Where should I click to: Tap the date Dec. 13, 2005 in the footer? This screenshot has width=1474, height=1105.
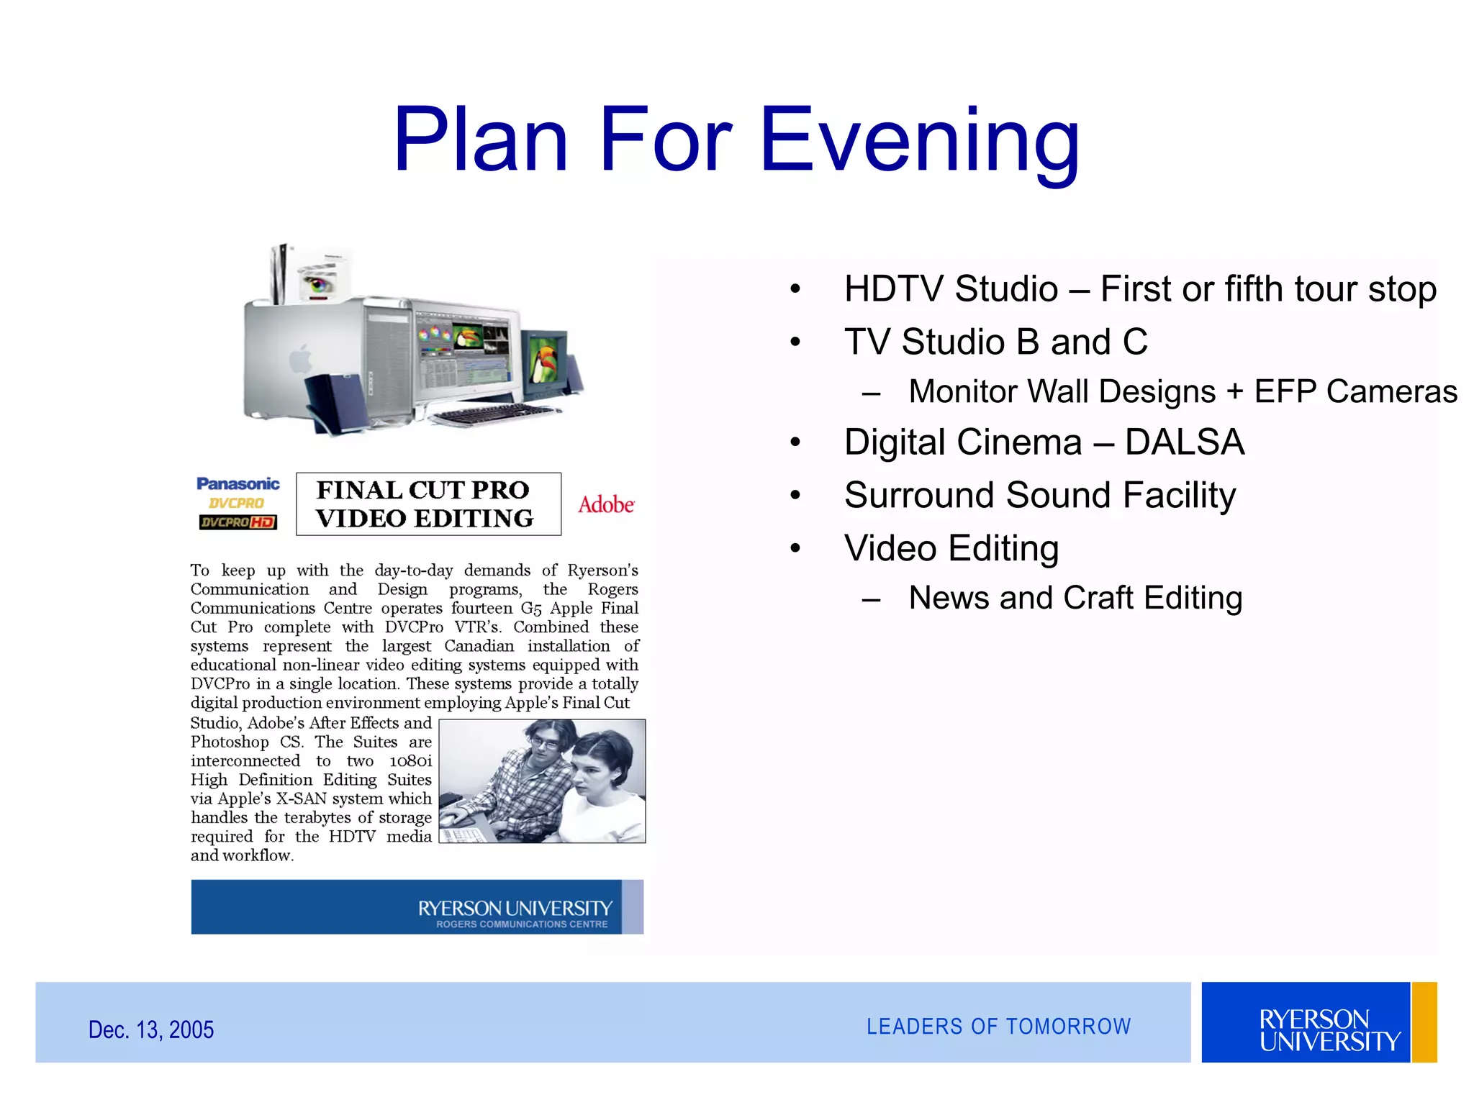(151, 1029)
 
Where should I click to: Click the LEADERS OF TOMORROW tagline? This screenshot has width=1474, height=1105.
(998, 1027)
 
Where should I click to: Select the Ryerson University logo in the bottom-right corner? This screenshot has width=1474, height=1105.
(1319, 1023)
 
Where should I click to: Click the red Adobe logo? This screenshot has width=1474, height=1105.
(606, 505)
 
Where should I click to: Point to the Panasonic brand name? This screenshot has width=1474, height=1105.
(238, 484)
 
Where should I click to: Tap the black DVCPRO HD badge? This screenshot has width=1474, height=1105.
(238, 522)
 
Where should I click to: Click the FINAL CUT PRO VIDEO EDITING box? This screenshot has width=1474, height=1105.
(428, 504)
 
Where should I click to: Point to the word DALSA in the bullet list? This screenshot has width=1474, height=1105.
(1185, 442)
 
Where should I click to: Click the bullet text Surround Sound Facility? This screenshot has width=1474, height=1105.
(1040, 495)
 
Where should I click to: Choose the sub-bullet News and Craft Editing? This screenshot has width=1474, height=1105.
(1075, 598)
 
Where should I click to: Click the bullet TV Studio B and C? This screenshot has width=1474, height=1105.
(995, 342)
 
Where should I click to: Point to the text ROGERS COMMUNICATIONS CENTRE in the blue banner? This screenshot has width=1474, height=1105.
(522, 924)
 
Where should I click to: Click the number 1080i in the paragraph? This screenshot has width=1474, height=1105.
(411, 761)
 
